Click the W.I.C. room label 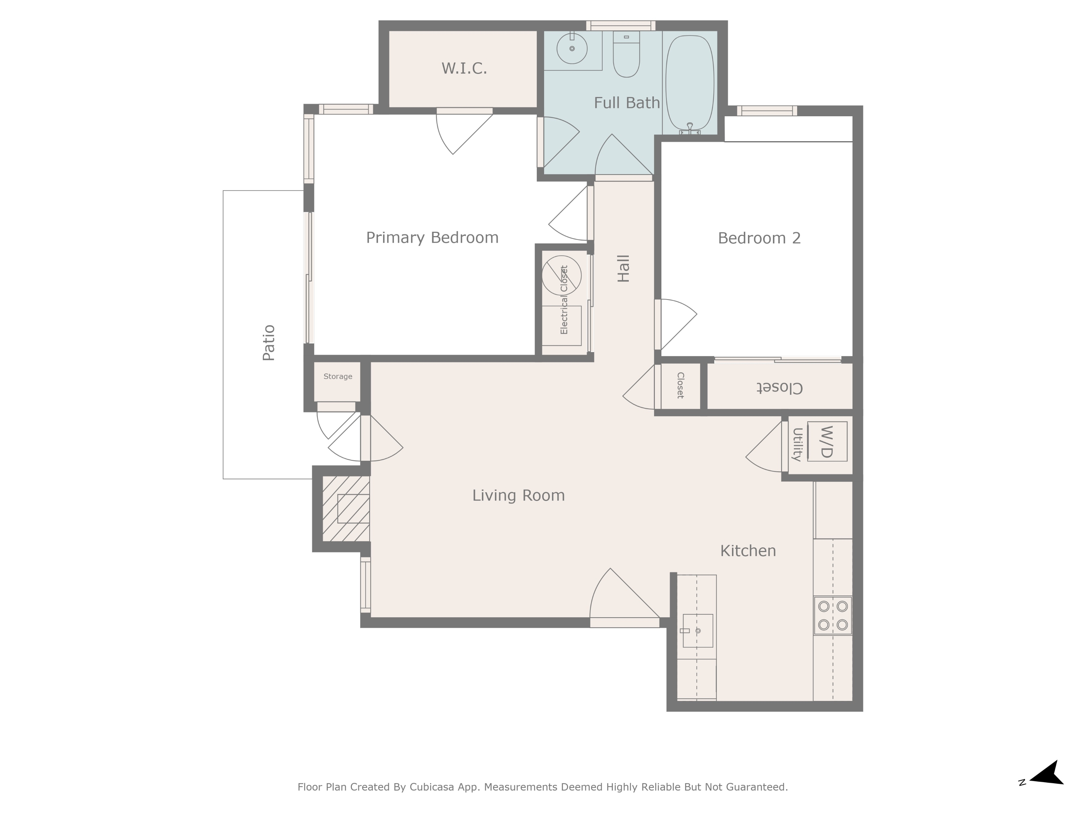464,68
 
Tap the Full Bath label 627,103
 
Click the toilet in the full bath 627,54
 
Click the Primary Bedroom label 432,238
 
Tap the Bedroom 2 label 759,238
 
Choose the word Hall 623,268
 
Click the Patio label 269,343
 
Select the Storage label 338,376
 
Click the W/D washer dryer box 827,441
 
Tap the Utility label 797,444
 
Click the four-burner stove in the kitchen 833,615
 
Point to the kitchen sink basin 698,630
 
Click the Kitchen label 748,551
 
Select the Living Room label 518,495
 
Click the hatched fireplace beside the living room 346,509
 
